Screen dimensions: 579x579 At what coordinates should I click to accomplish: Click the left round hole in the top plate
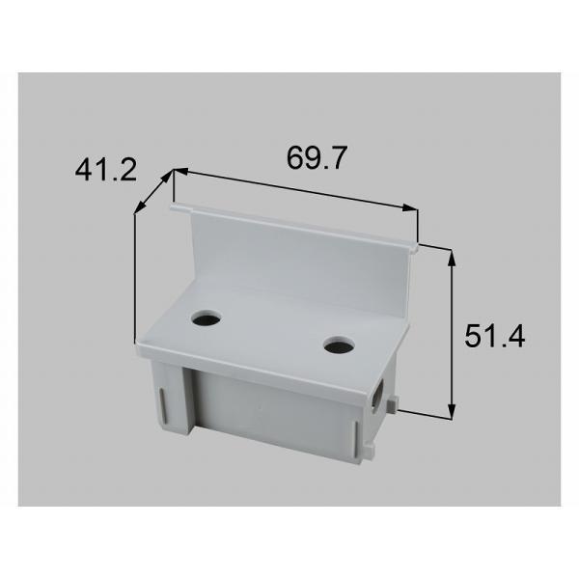click(206, 317)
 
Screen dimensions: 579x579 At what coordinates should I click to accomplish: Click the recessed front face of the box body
click(270, 415)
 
